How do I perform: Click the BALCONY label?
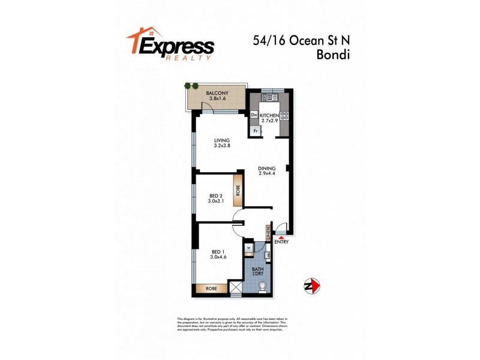(x=216, y=94)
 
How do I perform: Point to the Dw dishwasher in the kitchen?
(x=254, y=115)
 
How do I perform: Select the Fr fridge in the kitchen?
(x=255, y=130)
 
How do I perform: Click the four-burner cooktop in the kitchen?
(x=284, y=115)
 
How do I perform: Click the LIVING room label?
(x=223, y=140)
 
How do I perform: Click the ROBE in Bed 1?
(x=211, y=289)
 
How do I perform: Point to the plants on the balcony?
(x=191, y=86)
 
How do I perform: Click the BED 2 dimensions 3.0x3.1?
(x=217, y=202)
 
